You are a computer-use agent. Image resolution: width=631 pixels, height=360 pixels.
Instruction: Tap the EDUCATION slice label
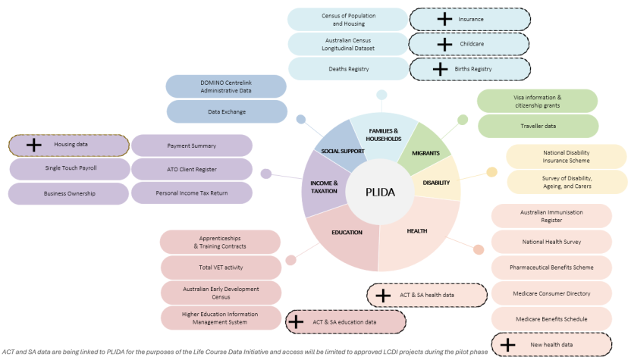[347, 232]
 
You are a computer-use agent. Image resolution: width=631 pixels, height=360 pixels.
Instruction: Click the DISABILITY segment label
[436, 182]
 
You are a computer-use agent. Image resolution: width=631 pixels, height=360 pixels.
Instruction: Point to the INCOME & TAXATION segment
[324, 186]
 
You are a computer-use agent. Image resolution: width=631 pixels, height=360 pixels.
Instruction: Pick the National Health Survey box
[551, 243]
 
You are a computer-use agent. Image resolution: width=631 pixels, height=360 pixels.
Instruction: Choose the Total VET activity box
[220, 267]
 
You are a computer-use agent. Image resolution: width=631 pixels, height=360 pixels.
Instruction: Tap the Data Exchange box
[227, 111]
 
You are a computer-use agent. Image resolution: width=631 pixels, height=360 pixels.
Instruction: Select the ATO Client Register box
[191, 169]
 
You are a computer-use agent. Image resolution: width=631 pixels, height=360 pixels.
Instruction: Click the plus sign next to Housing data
[33, 145]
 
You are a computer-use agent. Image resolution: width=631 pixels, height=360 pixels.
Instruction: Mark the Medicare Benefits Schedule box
[551, 318]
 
